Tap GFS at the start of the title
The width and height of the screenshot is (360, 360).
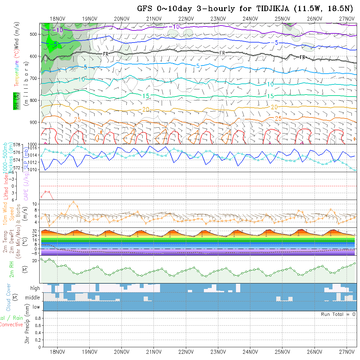145,9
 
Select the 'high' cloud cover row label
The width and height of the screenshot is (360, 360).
35,288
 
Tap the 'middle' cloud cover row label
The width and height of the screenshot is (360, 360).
32,297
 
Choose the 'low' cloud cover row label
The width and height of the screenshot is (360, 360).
36,307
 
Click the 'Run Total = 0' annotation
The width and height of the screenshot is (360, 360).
338,314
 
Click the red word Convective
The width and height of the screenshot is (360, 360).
11,325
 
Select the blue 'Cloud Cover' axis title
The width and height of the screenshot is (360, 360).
9,297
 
